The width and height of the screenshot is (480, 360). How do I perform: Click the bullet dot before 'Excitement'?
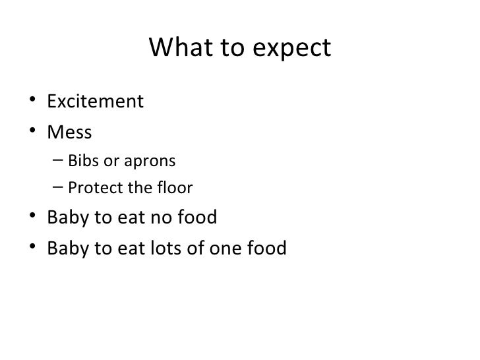click(33, 103)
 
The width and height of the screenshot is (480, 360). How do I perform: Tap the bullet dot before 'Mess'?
click(33, 133)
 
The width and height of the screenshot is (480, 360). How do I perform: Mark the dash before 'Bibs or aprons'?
click(57, 162)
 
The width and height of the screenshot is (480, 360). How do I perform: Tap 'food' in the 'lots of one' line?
click(269, 249)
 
